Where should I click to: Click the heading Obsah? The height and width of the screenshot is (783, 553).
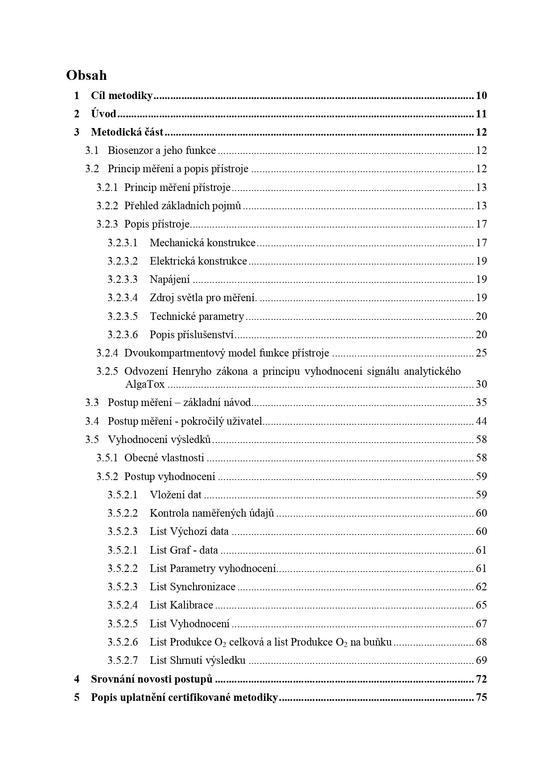coord(87,75)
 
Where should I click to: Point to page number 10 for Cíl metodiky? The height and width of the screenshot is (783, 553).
coord(481,95)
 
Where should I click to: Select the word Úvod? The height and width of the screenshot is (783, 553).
coord(103,114)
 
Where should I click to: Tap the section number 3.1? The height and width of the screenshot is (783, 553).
coord(92,151)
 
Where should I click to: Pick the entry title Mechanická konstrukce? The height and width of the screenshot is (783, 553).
coord(202,243)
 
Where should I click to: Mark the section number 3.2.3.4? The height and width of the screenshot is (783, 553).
coord(123,298)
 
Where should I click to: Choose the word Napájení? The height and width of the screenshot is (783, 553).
coord(169,280)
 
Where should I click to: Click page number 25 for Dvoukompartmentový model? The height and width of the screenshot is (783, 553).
coord(481,353)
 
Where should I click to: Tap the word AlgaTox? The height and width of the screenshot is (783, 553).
coord(145,384)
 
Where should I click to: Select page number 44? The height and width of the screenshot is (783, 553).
coord(481,421)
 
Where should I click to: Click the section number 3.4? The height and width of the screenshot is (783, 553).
coord(92,421)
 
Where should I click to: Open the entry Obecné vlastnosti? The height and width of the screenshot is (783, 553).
coord(164,458)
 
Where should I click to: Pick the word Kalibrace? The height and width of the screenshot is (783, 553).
coord(192,605)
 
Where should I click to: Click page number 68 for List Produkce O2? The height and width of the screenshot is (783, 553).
coord(481,642)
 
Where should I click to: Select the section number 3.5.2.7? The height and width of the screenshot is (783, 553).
coord(123,660)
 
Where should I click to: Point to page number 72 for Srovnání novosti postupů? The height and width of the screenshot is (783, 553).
coord(481,679)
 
